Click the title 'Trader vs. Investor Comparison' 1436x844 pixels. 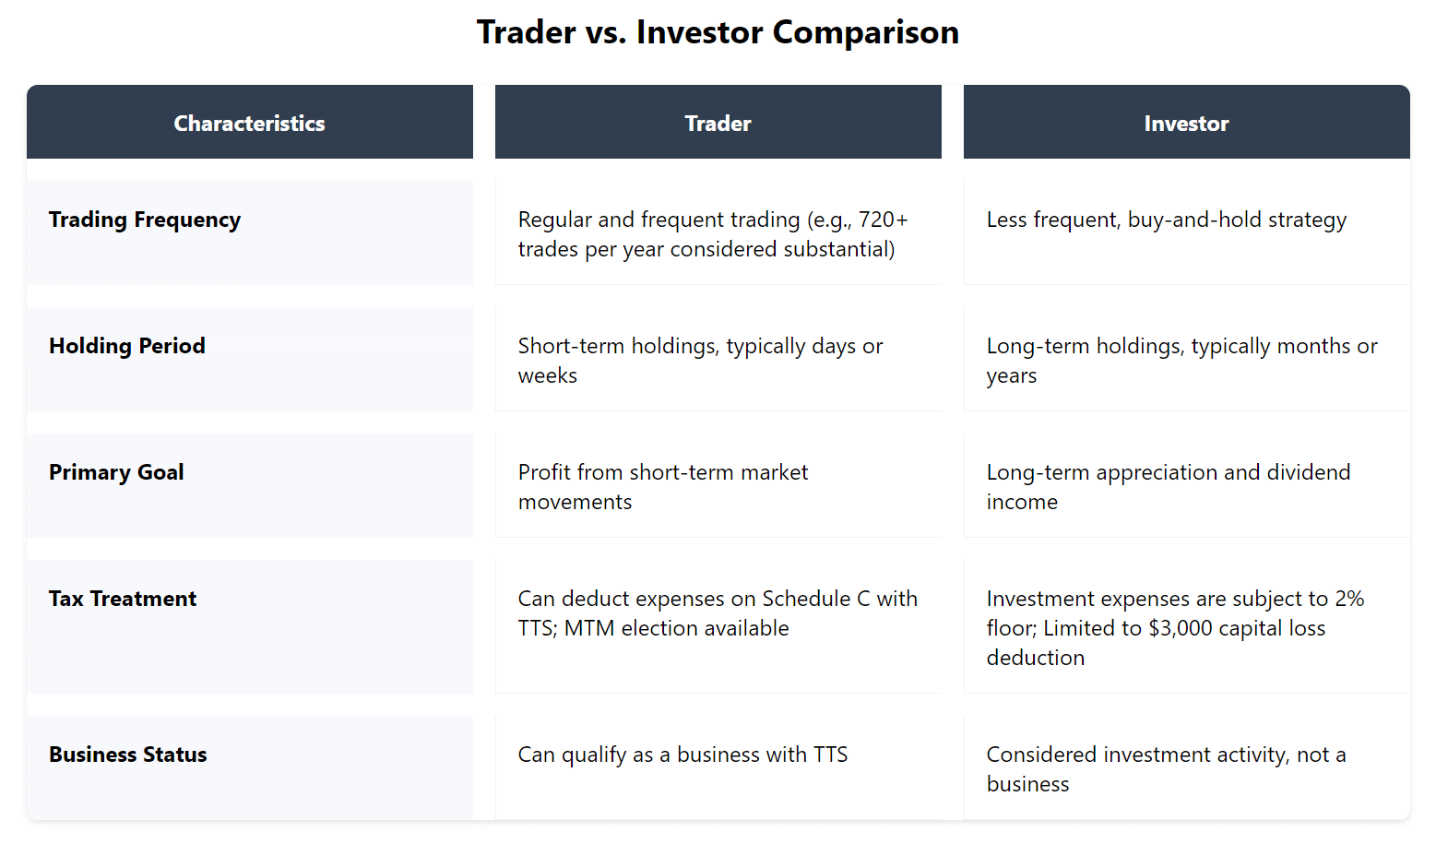[718, 32]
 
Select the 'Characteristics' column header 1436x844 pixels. [249, 124]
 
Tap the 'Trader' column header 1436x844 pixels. [718, 124]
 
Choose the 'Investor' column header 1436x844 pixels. [1186, 124]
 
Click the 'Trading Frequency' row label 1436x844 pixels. [145, 220]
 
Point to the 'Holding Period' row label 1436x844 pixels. [127, 346]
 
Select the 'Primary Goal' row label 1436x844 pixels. [116, 472]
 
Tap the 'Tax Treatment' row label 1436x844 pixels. [123, 599]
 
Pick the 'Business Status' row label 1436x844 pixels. [128, 755]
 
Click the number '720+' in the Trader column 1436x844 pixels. [883, 220]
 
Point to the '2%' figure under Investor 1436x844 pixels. [1349, 599]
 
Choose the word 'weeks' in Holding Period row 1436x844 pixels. [548, 375]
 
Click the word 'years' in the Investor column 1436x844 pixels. [1012, 375]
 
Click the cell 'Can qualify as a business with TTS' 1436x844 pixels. [682, 755]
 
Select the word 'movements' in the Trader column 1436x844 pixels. [575, 502]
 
